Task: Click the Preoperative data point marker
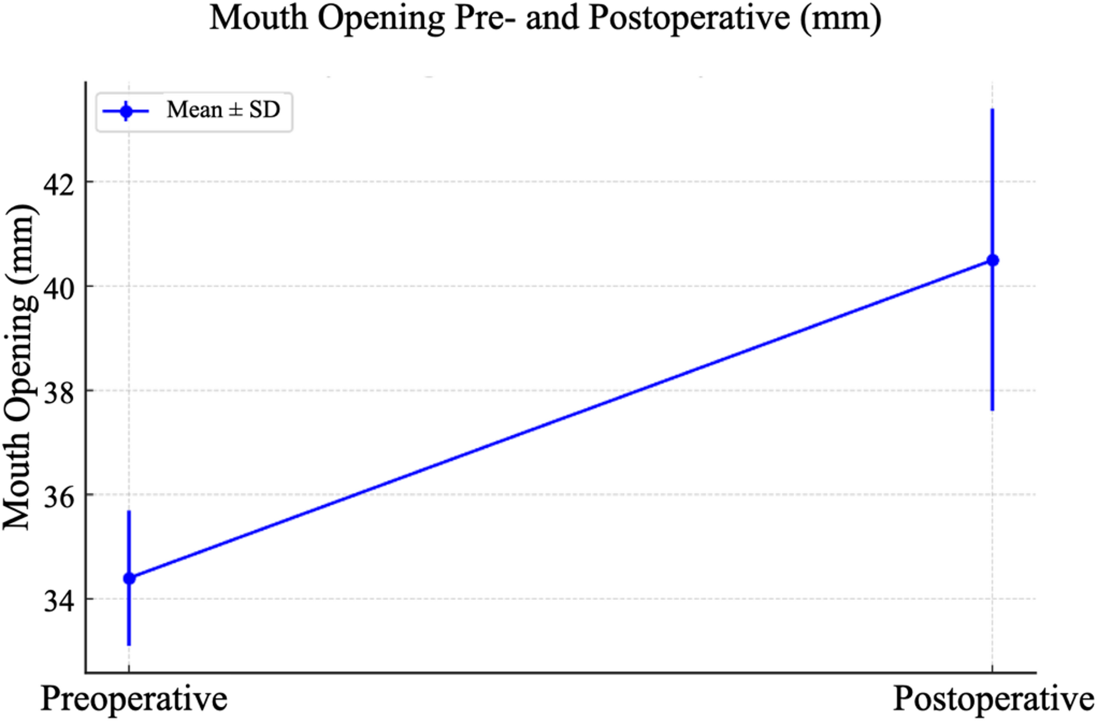pyautogui.click(x=129, y=578)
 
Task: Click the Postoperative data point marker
pyautogui.click(x=992, y=261)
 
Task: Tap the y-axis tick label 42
pyautogui.click(x=58, y=185)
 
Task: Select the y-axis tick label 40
pyautogui.click(x=58, y=289)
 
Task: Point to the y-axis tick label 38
pyautogui.click(x=58, y=393)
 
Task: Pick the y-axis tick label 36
pyautogui.click(x=58, y=498)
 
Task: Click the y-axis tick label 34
pyautogui.click(x=58, y=601)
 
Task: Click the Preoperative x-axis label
pyautogui.click(x=134, y=699)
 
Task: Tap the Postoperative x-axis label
pyautogui.click(x=993, y=699)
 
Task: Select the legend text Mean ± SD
pyautogui.click(x=223, y=110)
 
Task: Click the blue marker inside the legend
pyautogui.click(x=126, y=111)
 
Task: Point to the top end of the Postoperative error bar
pyautogui.click(x=992, y=110)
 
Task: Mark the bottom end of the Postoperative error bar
pyautogui.click(x=992, y=410)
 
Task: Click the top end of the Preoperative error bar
pyautogui.click(x=129, y=511)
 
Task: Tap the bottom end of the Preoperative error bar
pyautogui.click(x=129, y=645)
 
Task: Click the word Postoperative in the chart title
pyautogui.click(x=689, y=19)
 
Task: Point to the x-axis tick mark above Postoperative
pyautogui.click(x=992, y=669)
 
